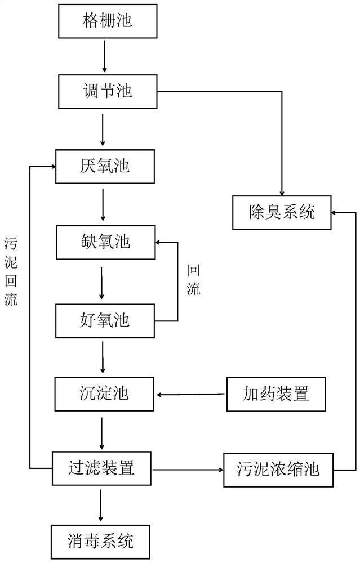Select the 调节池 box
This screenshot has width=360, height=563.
pyautogui.click(x=107, y=91)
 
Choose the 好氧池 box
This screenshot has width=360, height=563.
pyautogui.click(x=105, y=320)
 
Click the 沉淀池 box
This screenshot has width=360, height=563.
pyautogui.click(x=105, y=393)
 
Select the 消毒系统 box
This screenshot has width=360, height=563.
pyautogui.click(x=102, y=542)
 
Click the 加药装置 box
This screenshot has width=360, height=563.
pyautogui.click(x=276, y=392)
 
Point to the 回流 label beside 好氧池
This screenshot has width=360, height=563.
pyautogui.click(x=193, y=280)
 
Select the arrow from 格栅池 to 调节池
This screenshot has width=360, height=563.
pyautogui.click(x=104, y=56)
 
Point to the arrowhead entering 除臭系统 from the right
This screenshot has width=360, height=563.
pyautogui.click(x=335, y=213)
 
